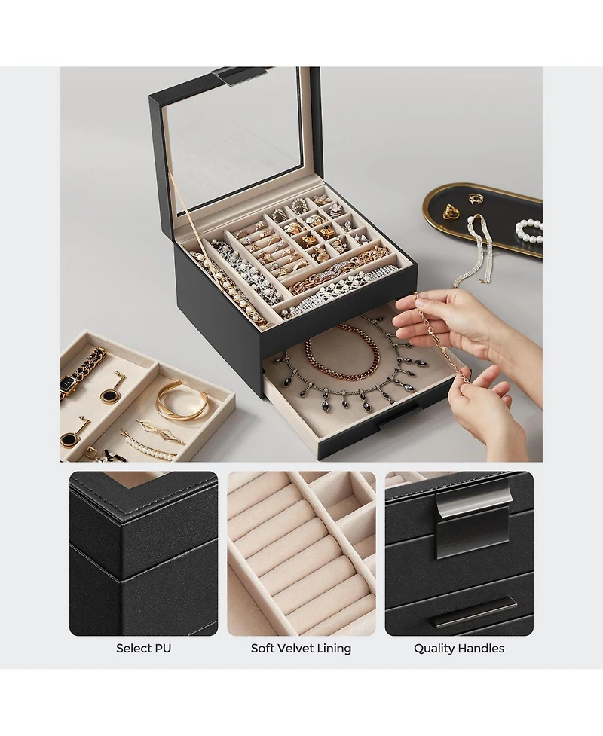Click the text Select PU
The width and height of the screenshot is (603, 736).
coord(143,648)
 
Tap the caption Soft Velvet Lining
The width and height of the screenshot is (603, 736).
coord(301,648)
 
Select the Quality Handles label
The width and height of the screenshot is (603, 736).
coord(458,648)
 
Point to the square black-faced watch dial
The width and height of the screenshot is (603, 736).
coord(69,384)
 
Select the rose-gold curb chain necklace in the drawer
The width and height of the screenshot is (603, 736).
coord(343,355)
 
